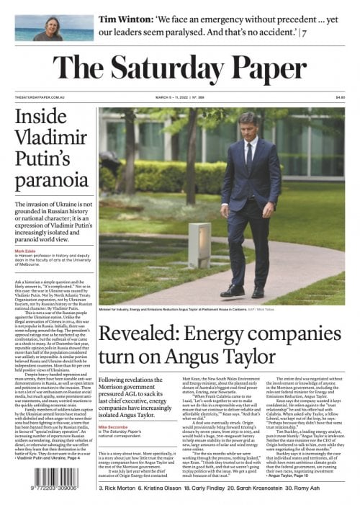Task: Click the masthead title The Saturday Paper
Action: click(x=180, y=68)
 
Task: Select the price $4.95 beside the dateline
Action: click(x=340, y=97)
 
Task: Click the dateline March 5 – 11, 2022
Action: click(x=180, y=97)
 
